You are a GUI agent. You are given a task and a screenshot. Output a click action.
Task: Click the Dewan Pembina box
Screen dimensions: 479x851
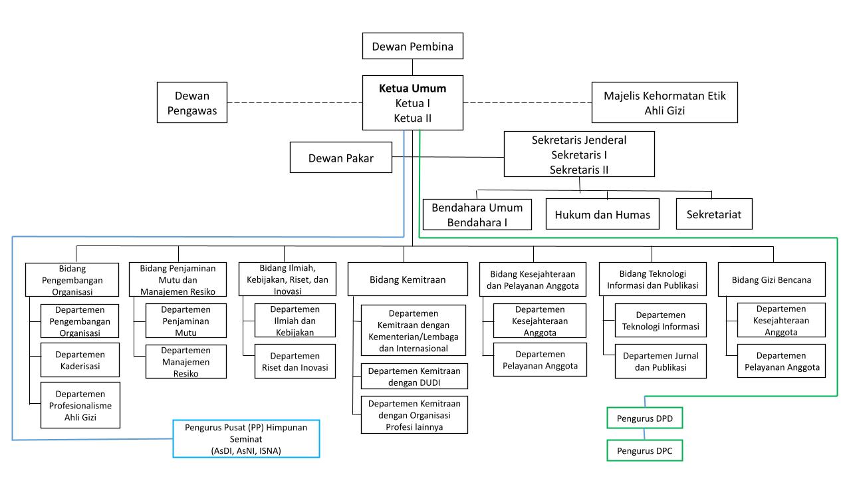[413, 47]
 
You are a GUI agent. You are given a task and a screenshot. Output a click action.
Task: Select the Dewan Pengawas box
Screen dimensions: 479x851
[192, 102]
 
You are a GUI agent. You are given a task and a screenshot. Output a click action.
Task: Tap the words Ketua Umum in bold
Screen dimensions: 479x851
[413, 88]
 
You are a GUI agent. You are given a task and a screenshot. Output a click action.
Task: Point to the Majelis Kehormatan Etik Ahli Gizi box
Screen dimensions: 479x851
[664, 103]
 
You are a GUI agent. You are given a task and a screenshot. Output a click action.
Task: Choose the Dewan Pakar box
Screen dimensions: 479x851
[340, 158]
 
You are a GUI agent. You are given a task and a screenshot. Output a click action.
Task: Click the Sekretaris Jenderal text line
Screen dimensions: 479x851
[579, 140]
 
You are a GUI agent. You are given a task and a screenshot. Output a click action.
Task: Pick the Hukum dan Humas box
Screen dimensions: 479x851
[602, 214]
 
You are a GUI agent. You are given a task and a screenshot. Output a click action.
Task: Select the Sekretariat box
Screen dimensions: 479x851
[714, 214]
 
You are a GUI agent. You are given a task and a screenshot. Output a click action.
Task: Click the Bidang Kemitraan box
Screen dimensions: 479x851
[407, 280]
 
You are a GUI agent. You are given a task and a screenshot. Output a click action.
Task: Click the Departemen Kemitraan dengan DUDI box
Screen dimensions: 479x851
[414, 376]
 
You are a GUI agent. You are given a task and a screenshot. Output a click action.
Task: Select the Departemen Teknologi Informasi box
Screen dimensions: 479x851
[660, 320]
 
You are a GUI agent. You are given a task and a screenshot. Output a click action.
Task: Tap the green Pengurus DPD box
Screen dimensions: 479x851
[644, 420]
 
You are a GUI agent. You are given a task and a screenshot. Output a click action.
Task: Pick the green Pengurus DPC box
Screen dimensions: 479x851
[644, 451]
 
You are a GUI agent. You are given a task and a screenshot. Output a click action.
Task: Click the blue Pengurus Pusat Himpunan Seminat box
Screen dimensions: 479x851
[246, 438]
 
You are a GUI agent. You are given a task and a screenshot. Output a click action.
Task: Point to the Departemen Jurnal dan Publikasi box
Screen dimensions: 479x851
[660, 361]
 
